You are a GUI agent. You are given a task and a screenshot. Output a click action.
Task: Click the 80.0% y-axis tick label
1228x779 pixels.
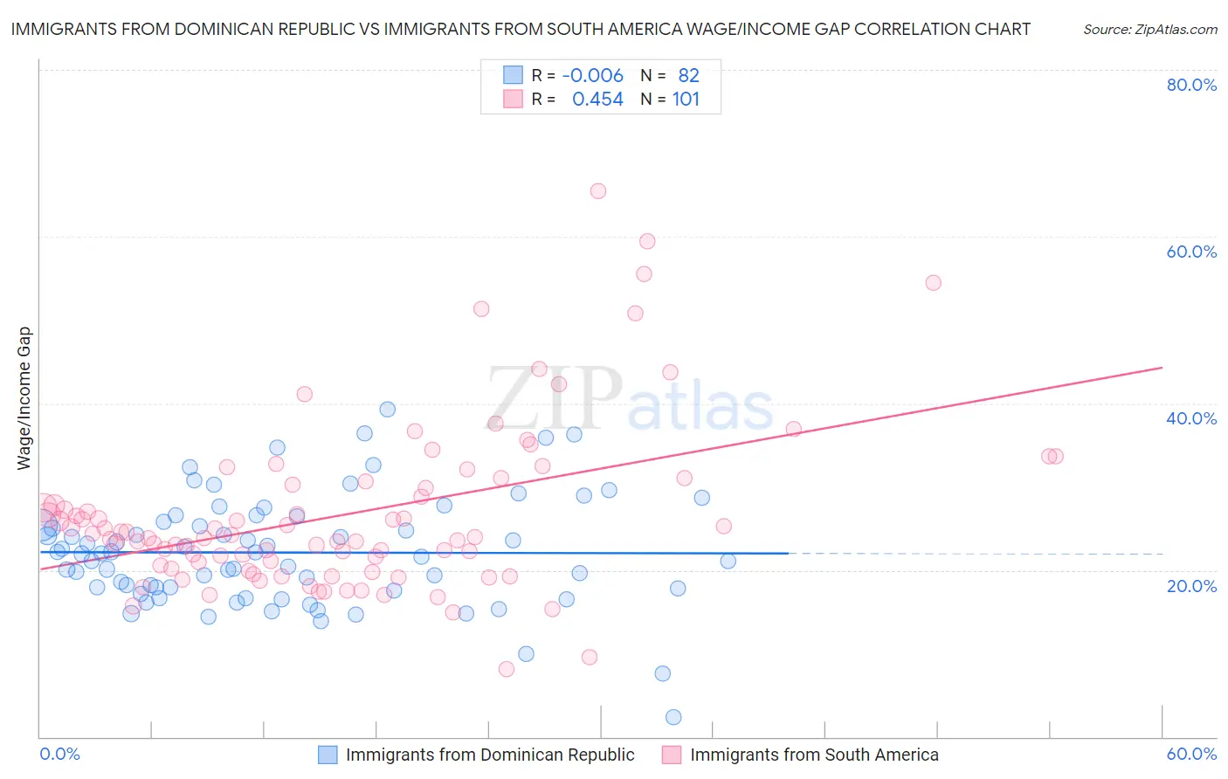[x=1191, y=85]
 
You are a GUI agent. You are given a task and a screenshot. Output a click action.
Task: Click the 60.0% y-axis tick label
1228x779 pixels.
[x=1191, y=252]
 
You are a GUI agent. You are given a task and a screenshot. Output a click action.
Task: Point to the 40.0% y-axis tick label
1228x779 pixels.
[x=1191, y=418]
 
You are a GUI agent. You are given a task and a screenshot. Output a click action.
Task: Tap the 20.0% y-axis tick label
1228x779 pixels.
[x=1191, y=586]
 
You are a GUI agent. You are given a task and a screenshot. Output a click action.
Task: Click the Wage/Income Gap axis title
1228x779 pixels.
[x=24, y=398]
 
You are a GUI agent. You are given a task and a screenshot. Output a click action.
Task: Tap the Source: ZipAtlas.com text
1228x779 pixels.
[x=1149, y=30]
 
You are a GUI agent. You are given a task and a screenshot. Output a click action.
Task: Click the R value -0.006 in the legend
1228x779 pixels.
[x=592, y=76]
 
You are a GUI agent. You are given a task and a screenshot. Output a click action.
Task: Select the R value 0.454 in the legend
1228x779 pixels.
[x=597, y=100]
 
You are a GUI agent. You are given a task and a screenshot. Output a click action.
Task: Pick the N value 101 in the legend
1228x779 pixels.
[x=686, y=100]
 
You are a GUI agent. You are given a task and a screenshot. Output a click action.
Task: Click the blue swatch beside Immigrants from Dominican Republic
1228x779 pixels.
[x=328, y=755]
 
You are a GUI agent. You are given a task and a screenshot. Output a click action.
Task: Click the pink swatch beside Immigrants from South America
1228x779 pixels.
[x=672, y=755]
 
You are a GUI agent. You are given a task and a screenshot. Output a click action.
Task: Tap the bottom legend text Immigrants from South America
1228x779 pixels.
[x=814, y=755]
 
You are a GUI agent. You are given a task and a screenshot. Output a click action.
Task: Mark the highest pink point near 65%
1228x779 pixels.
[x=598, y=191]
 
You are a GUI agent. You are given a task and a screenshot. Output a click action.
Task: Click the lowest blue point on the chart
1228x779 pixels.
[x=673, y=717]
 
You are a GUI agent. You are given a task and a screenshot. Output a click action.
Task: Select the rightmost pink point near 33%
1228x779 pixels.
[x=1056, y=456]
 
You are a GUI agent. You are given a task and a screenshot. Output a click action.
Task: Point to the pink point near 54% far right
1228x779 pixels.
[x=933, y=283]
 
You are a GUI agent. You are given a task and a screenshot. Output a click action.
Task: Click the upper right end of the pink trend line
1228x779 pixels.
[x=1162, y=368]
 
